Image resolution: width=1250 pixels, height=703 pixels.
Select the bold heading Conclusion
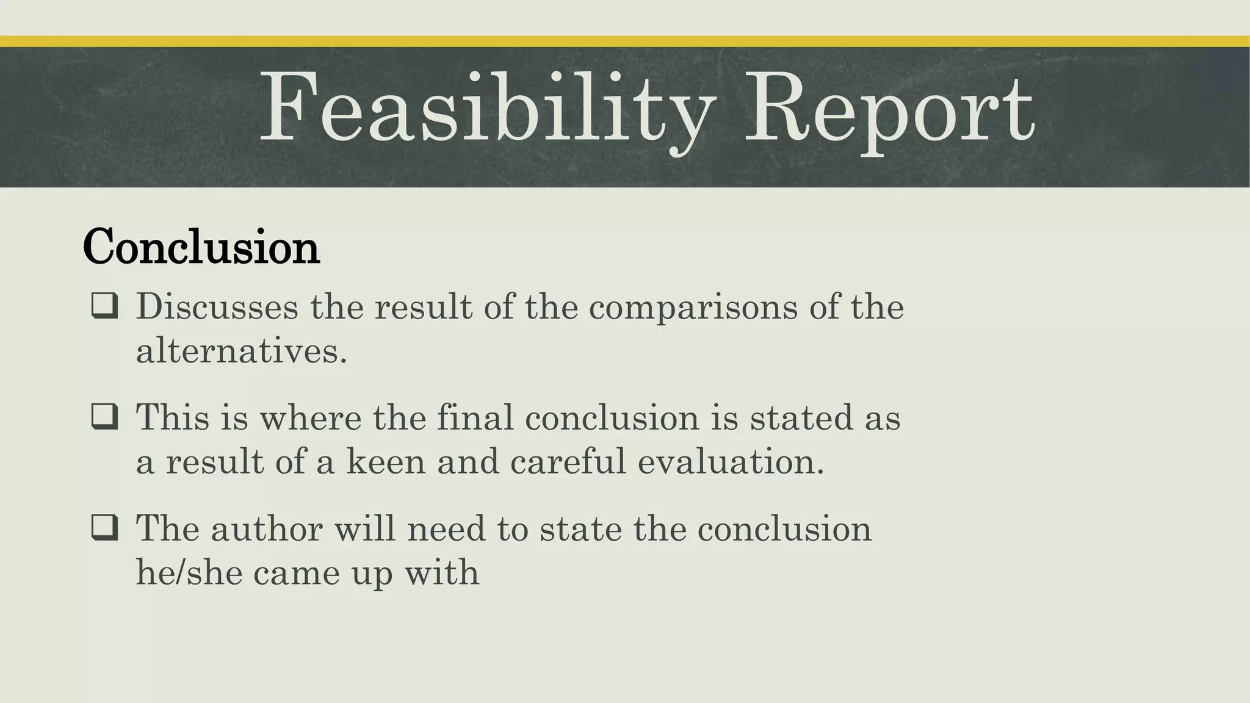coord(201,247)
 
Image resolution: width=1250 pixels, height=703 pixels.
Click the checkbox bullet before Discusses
coord(104,306)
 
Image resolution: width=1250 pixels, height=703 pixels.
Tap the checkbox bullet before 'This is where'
coord(104,417)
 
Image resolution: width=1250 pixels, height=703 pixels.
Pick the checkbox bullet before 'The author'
coord(104,528)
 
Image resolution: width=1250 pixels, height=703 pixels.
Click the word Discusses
coord(217,306)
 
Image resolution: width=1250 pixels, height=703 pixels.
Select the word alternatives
coord(241,351)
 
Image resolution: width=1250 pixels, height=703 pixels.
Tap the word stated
coord(793,417)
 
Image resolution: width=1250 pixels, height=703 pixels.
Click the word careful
coord(568,461)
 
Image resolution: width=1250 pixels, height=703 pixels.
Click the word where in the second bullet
coord(311,417)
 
